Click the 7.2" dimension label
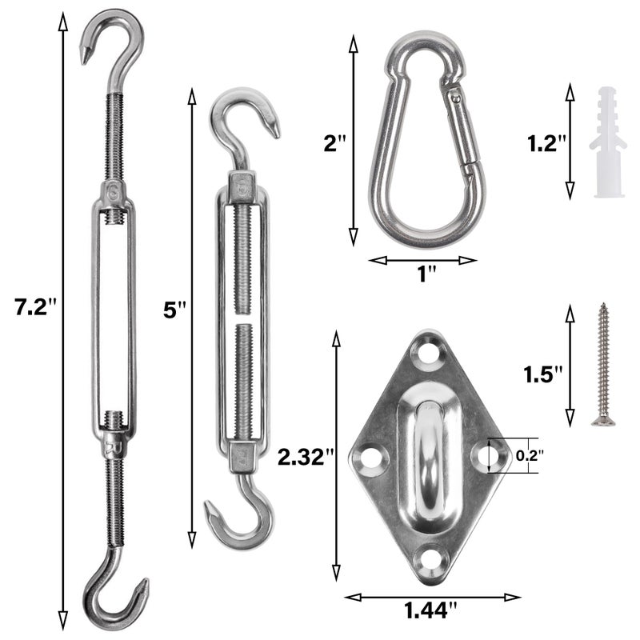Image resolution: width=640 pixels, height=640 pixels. pyautogui.click(x=34, y=307)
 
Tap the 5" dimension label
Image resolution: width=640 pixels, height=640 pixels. pyautogui.click(x=174, y=310)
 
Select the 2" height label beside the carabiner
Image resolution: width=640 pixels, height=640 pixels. pyautogui.click(x=334, y=144)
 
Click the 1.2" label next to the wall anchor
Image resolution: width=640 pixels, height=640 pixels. pyautogui.click(x=546, y=144)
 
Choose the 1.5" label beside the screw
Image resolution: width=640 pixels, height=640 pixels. pyautogui.click(x=543, y=374)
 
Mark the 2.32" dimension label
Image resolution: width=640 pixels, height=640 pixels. pyautogui.click(x=306, y=457)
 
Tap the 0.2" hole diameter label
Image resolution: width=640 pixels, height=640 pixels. pyautogui.click(x=530, y=455)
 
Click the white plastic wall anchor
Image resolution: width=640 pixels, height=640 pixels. pyautogui.click(x=608, y=142)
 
